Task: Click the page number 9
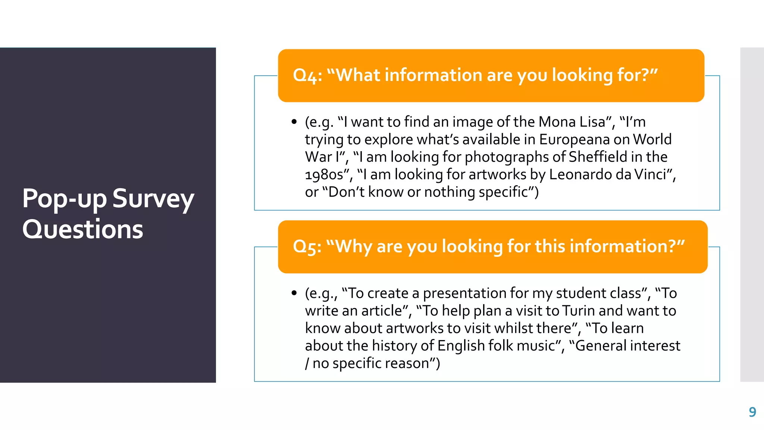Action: tap(752, 412)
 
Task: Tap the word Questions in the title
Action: tap(82, 229)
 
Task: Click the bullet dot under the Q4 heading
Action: tap(294, 122)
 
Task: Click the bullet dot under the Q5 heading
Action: tap(294, 293)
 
